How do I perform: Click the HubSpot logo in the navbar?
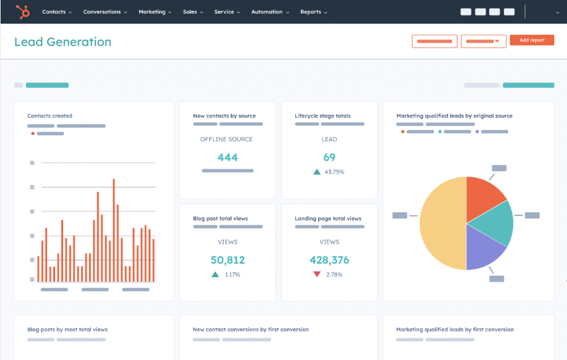[24, 12]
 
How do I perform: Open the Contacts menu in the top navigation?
[56, 12]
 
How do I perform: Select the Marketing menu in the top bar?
[155, 12]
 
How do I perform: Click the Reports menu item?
[313, 12]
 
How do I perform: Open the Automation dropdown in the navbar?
[270, 12]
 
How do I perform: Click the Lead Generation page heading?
[63, 42]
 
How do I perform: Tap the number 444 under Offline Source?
[227, 157]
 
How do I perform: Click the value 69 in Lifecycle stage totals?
[329, 157]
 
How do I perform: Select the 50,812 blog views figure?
[227, 260]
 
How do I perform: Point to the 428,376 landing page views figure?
[329, 260]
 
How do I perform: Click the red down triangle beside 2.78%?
[317, 274]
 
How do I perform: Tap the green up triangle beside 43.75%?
[317, 172]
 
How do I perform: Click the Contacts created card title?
[50, 116]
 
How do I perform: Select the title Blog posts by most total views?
[67, 330]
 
